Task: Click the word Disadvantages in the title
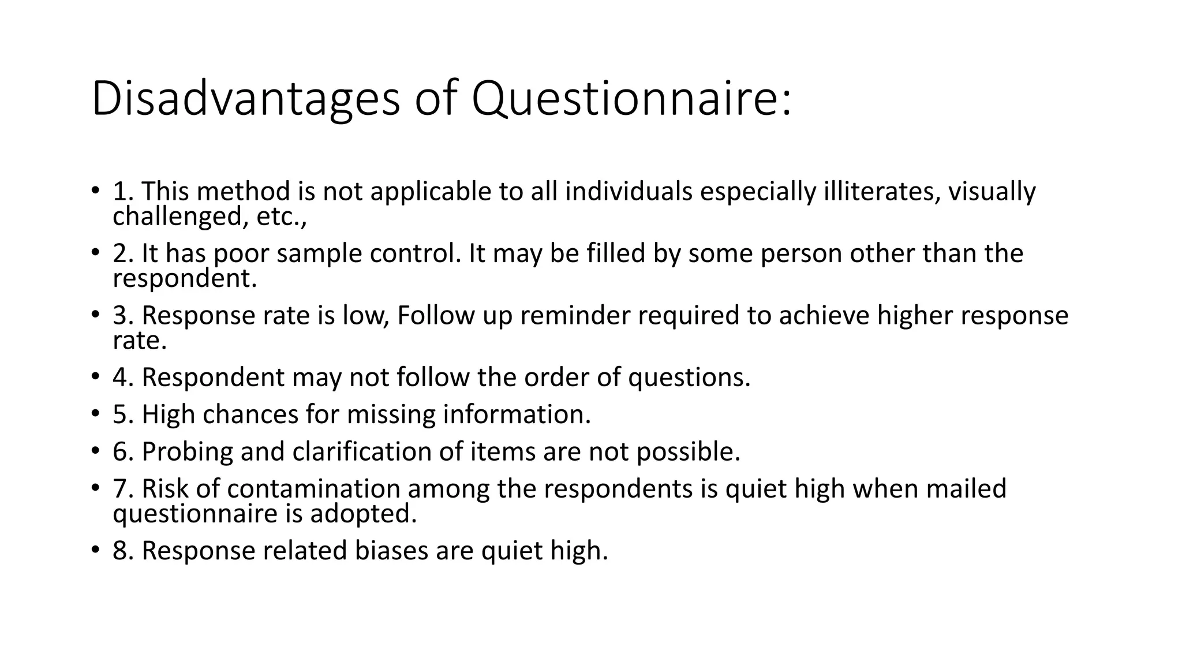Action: click(245, 99)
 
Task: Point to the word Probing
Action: click(187, 451)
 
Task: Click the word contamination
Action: click(313, 488)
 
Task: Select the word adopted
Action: click(363, 514)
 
